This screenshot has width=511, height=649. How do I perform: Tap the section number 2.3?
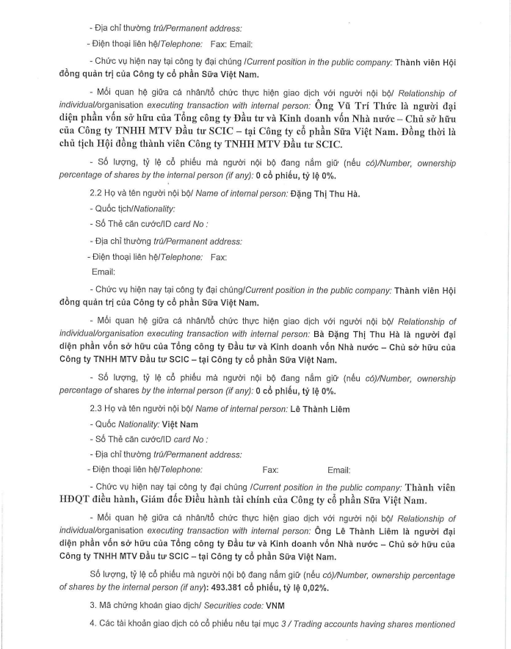pyautogui.click(x=95, y=408)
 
